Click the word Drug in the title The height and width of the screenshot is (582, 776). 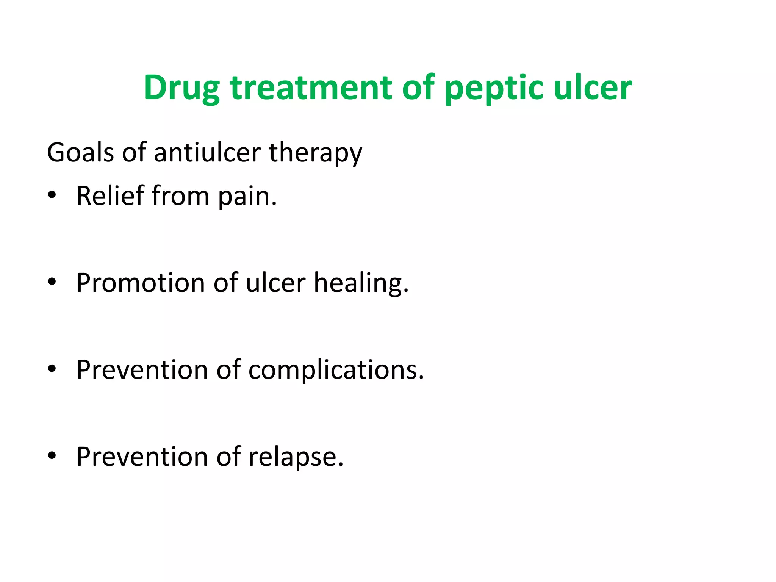[181, 88]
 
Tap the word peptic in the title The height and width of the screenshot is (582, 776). [494, 88]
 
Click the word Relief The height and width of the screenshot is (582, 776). [110, 196]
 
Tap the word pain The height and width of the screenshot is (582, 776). [247, 197]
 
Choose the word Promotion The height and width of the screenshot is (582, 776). [141, 283]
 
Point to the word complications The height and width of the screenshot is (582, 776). [336, 370]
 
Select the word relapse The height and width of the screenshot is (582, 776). [296, 457]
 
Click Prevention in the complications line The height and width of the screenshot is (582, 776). [142, 369]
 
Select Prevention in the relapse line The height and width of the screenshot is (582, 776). [142, 456]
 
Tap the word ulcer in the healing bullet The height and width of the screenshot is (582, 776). [275, 283]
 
